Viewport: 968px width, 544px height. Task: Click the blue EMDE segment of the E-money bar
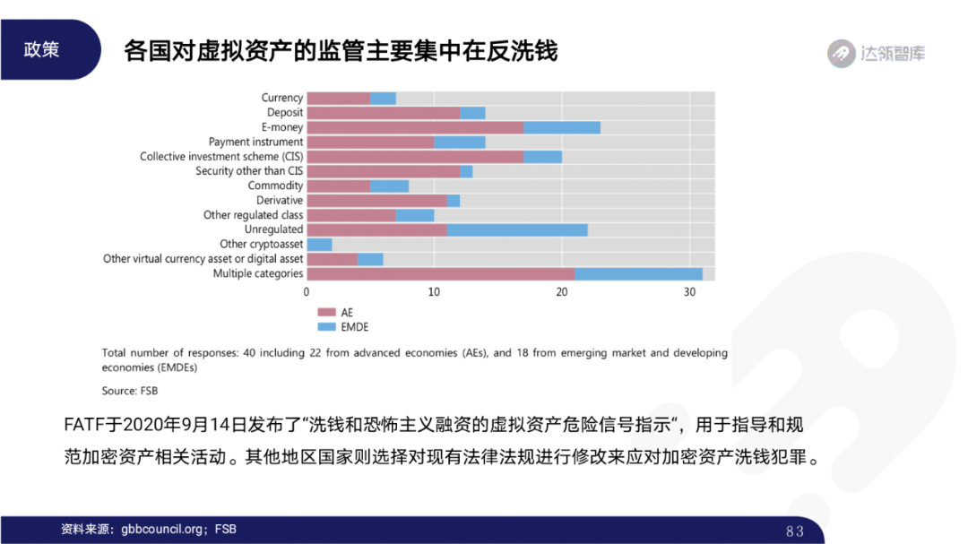pyautogui.click(x=562, y=127)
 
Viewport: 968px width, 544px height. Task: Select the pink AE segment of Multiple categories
pyautogui.click(x=440, y=273)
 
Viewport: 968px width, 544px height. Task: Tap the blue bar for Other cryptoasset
pyautogui.click(x=319, y=244)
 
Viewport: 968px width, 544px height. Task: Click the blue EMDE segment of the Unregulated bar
pyautogui.click(x=517, y=229)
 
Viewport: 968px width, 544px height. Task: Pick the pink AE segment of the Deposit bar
pyautogui.click(x=383, y=113)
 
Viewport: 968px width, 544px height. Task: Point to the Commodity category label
pyautogui.click(x=275, y=186)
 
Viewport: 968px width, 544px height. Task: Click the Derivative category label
pyautogui.click(x=280, y=200)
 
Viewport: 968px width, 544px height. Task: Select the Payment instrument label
pyautogui.click(x=255, y=142)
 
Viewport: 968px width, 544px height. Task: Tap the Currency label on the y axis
pyautogui.click(x=282, y=98)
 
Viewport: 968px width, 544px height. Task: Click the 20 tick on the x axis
pyautogui.click(x=562, y=292)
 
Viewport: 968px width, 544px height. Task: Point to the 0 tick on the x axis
pyautogui.click(x=307, y=292)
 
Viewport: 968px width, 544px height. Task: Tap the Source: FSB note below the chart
pyautogui.click(x=130, y=391)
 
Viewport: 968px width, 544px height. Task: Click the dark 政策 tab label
pyautogui.click(x=42, y=50)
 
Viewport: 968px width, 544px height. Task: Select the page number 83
pyautogui.click(x=794, y=531)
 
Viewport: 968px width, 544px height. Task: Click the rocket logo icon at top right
pyautogui.click(x=841, y=54)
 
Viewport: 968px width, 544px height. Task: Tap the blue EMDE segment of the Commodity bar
pyautogui.click(x=389, y=186)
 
